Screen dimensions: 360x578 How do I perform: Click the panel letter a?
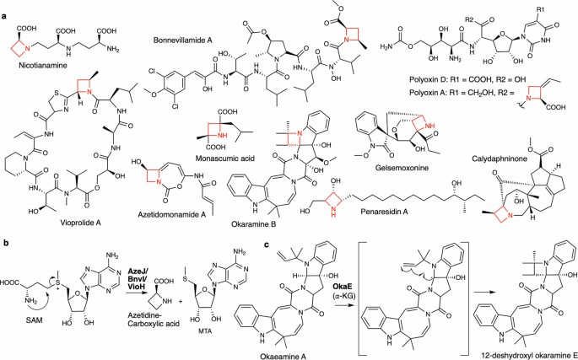click(x=6, y=7)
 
